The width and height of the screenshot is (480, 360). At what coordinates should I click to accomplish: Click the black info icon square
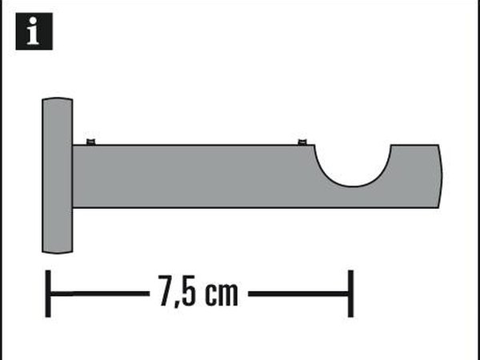point(34,31)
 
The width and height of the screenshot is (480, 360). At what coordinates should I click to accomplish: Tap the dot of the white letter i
point(33,21)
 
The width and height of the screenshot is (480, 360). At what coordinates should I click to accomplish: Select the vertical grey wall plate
point(58,175)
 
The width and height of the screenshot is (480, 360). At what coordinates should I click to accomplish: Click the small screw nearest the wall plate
point(90,142)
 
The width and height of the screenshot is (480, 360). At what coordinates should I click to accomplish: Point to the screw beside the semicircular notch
point(302,142)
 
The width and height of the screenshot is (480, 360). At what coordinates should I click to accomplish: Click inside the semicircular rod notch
point(353,162)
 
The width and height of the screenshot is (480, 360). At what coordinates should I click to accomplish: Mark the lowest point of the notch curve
point(353,186)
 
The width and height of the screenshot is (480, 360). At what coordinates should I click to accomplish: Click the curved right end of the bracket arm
point(441,176)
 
